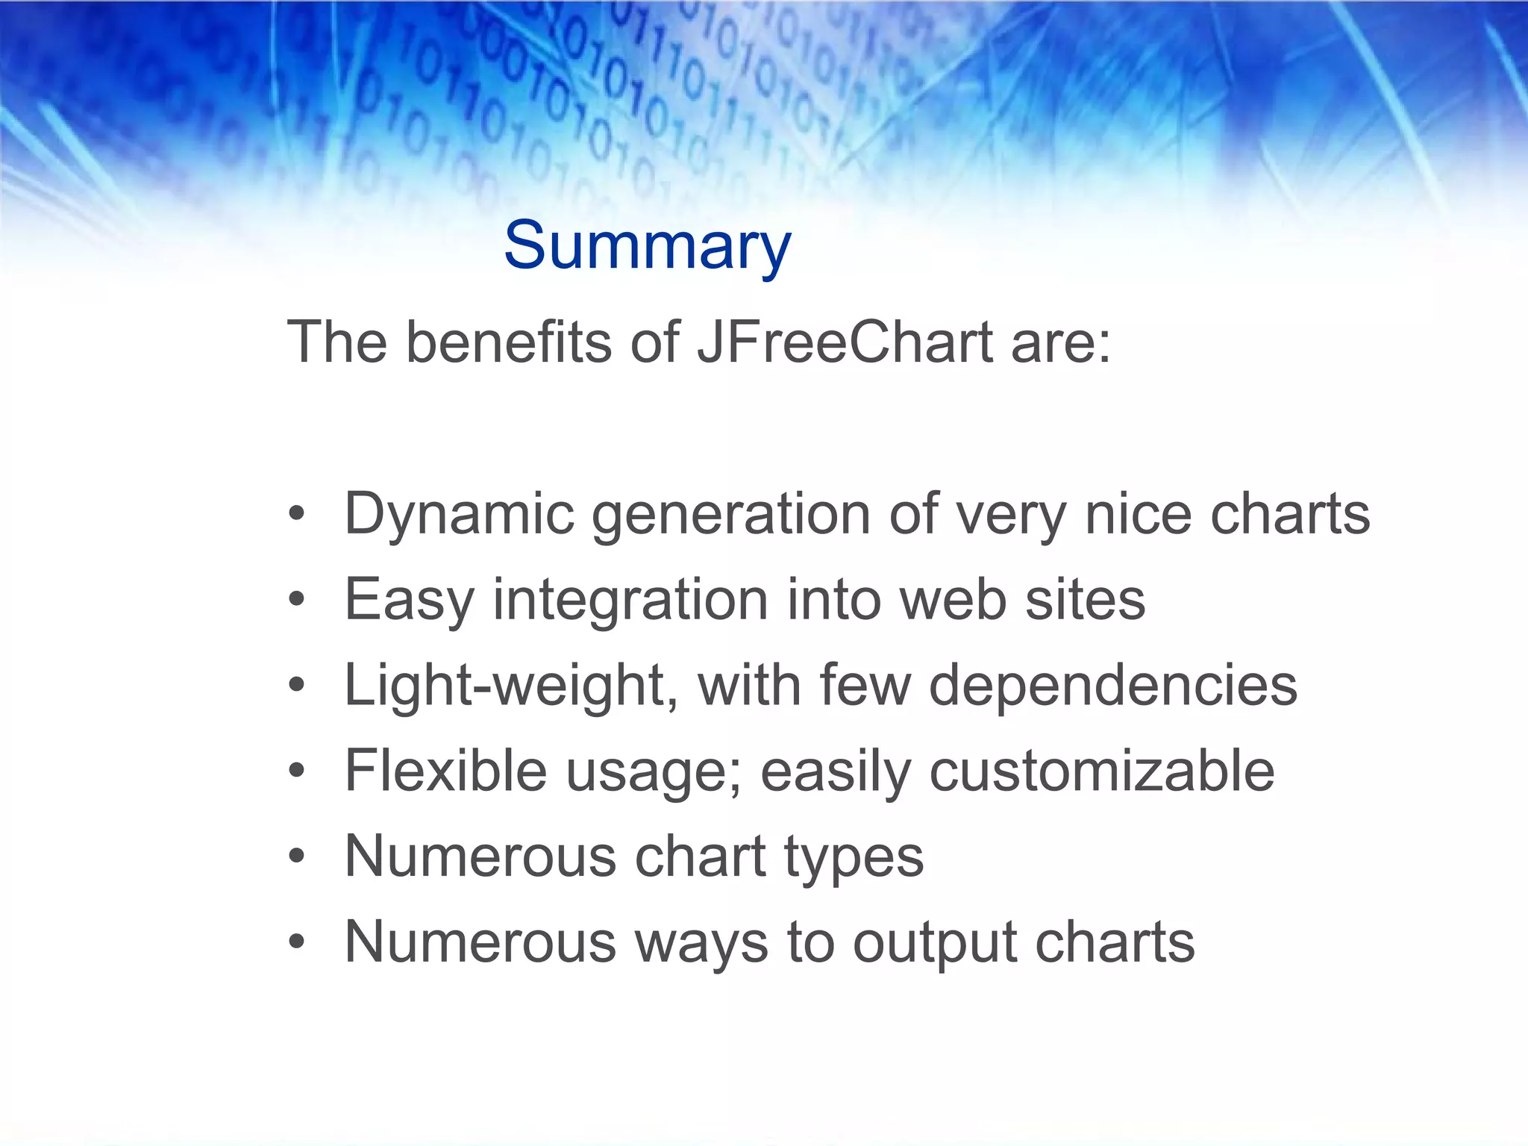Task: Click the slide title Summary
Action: (647, 246)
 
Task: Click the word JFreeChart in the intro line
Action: (845, 342)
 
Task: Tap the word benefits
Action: (509, 342)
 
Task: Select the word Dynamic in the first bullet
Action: (459, 515)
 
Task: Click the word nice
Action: (1138, 515)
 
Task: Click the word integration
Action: (630, 601)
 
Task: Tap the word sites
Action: (1085, 600)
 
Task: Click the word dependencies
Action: (1113, 686)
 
